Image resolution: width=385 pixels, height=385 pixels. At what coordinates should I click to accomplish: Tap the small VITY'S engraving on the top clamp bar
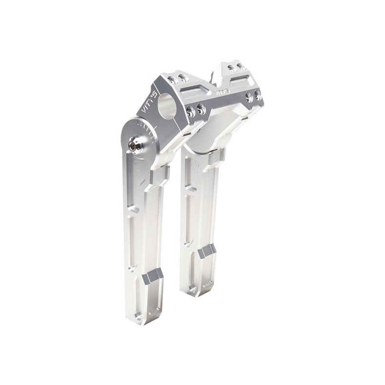223,91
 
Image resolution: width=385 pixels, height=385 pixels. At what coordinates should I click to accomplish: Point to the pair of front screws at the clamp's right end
255,96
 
